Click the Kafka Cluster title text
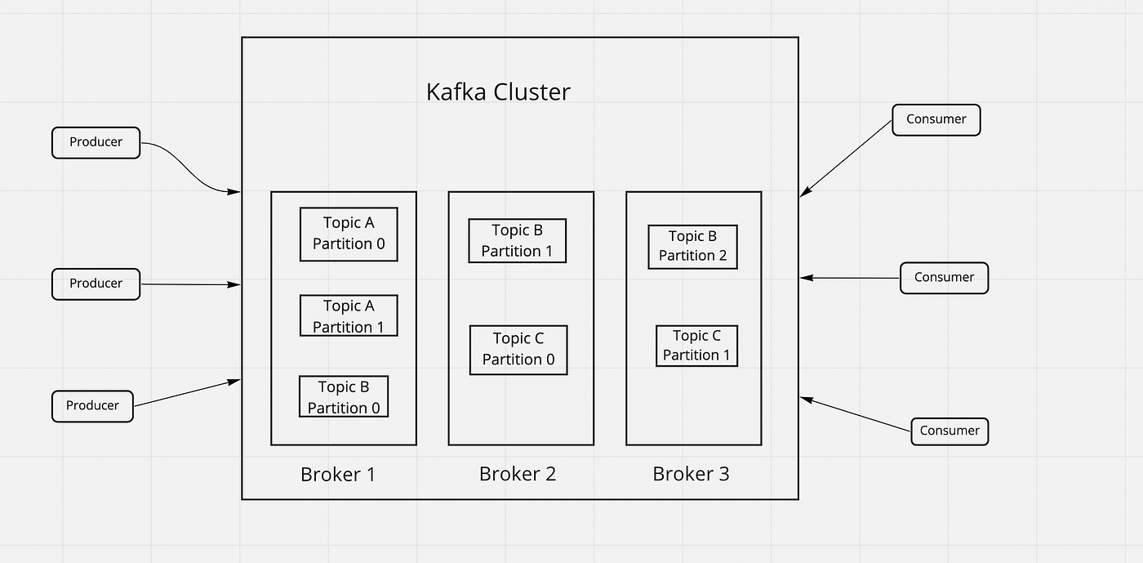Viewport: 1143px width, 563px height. pyautogui.click(x=498, y=92)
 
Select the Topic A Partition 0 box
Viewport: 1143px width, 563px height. pyautogui.click(x=349, y=234)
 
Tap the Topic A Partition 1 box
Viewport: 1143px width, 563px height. pyautogui.click(x=349, y=316)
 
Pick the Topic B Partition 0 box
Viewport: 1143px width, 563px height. pyautogui.click(x=344, y=397)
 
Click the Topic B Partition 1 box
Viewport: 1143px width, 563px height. pyautogui.click(x=517, y=241)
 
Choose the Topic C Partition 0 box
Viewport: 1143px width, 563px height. pyautogui.click(x=518, y=350)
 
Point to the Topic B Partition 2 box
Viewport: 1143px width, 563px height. pyautogui.click(x=692, y=246)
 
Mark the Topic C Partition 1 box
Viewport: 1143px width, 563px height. pyautogui.click(x=696, y=346)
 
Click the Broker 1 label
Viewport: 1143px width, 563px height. pyautogui.click(x=338, y=474)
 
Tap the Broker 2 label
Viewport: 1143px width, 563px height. pyautogui.click(x=518, y=474)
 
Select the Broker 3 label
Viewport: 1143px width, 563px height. pyautogui.click(x=691, y=474)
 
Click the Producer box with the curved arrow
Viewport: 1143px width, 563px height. pyautogui.click(x=96, y=142)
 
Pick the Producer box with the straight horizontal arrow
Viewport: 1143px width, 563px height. pyautogui.click(x=96, y=284)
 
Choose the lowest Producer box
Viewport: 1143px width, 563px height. pyautogui.click(x=92, y=406)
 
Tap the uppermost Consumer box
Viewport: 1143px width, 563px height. pyautogui.click(x=936, y=119)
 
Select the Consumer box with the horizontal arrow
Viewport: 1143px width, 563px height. pyautogui.click(x=944, y=278)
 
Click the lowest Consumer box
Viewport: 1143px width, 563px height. pyautogui.click(x=950, y=431)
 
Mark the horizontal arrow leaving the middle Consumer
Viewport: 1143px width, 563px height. pyautogui.click(x=849, y=278)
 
